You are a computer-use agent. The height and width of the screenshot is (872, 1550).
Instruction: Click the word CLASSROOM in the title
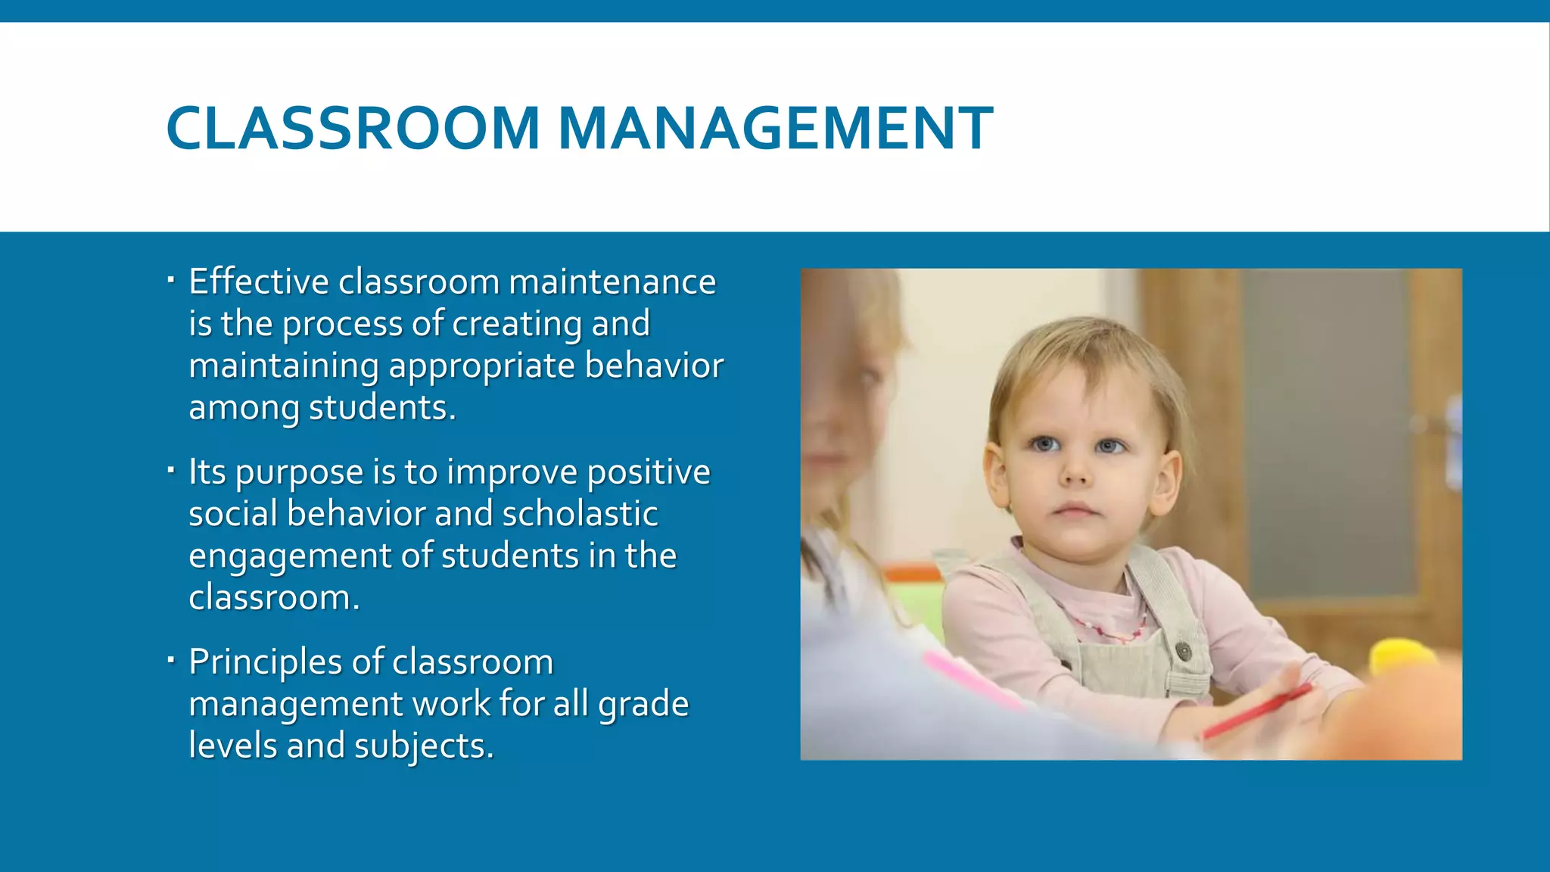pos(352,127)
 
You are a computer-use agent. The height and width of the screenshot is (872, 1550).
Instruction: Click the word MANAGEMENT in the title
pos(775,127)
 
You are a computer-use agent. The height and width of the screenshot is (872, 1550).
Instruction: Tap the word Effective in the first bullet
pos(259,282)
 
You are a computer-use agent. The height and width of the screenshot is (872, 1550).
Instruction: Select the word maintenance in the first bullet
pos(612,282)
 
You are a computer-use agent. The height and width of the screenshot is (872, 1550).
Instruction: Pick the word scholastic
pos(580,514)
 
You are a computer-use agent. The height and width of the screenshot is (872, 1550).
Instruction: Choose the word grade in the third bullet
pos(643,705)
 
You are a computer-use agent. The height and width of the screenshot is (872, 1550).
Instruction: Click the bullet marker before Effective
pos(171,282)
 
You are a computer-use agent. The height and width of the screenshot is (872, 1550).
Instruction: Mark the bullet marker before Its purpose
pos(171,472)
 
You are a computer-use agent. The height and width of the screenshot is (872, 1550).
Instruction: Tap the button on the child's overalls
pos(1182,649)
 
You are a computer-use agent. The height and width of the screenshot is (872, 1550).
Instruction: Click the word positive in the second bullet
pos(649,472)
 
